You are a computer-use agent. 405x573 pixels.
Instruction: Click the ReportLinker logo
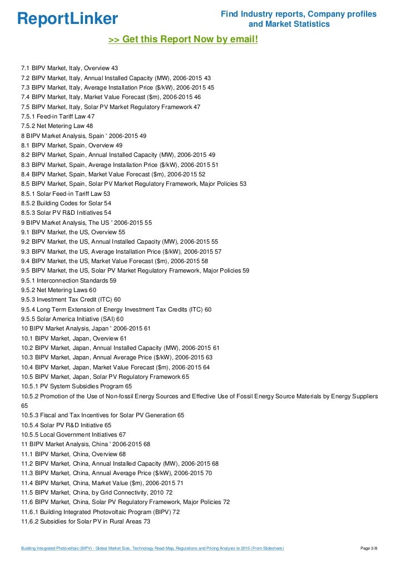[68, 18]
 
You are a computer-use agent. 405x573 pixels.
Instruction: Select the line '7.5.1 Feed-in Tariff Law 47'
[58, 116]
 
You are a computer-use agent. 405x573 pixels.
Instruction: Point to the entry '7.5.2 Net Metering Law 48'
[57, 126]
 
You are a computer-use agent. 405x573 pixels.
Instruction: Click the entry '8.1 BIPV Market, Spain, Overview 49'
[72, 145]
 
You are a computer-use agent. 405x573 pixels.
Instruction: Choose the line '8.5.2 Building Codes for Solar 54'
[66, 203]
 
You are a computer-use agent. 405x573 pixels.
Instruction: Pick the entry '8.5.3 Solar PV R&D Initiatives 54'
[66, 213]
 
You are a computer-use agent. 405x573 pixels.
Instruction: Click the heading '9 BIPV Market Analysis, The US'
[86, 223]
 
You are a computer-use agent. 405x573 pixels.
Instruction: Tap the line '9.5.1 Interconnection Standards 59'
[68, 280]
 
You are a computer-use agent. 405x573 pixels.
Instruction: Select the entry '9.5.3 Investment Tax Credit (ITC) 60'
[71, 299]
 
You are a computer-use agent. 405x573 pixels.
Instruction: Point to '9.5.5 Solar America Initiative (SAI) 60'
[72, 319]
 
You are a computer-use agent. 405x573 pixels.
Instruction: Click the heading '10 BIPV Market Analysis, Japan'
[86, 328]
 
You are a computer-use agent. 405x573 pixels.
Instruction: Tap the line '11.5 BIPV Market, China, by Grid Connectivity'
[97, 492]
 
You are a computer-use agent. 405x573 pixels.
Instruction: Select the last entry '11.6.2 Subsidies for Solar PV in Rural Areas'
[86, 521]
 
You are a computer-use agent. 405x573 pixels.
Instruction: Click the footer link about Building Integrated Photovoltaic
[152, 549]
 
